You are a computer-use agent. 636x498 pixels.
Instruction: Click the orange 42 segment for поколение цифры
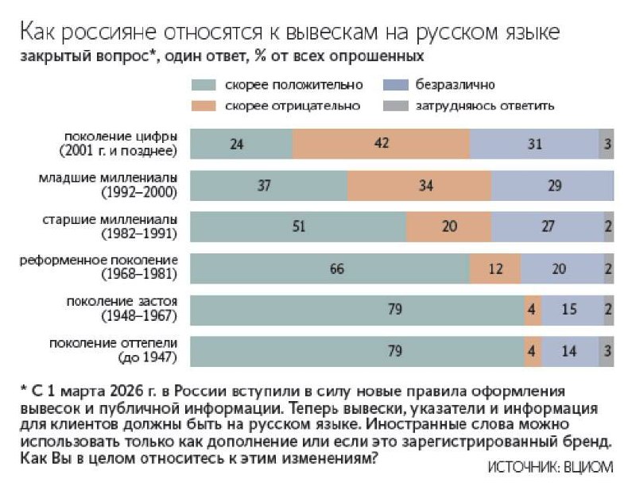click(x=382, y=143)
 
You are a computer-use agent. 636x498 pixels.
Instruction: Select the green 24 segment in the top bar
click(x=242, y=143)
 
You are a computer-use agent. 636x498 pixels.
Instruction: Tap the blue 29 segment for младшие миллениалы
click(x=553, y=185)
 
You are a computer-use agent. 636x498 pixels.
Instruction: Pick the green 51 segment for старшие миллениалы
click(x=298, y=226)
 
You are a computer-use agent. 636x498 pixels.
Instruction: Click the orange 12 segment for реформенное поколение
click(x=495, y=268)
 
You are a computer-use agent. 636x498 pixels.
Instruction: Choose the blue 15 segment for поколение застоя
click(x=570, y=310)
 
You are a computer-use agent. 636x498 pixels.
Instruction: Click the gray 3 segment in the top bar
click(x=607, y=143)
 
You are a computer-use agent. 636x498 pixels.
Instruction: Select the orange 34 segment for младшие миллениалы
click(x=420, y=185)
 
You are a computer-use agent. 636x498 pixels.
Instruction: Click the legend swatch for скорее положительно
click(x=205, y=84)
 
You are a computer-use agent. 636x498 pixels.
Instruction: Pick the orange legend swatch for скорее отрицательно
click(x=205, y=104)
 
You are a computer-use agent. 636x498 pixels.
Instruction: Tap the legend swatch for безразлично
click(x=395, y=84)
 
